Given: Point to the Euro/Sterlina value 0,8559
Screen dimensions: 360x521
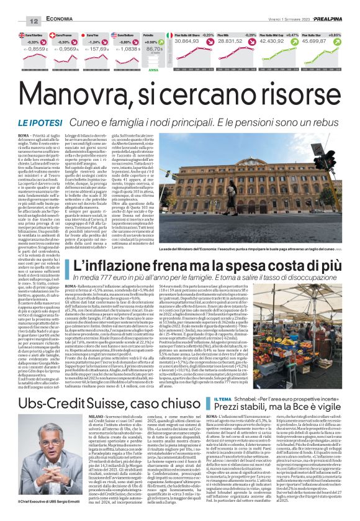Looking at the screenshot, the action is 37,48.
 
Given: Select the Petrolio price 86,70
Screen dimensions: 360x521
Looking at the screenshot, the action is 154,47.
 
